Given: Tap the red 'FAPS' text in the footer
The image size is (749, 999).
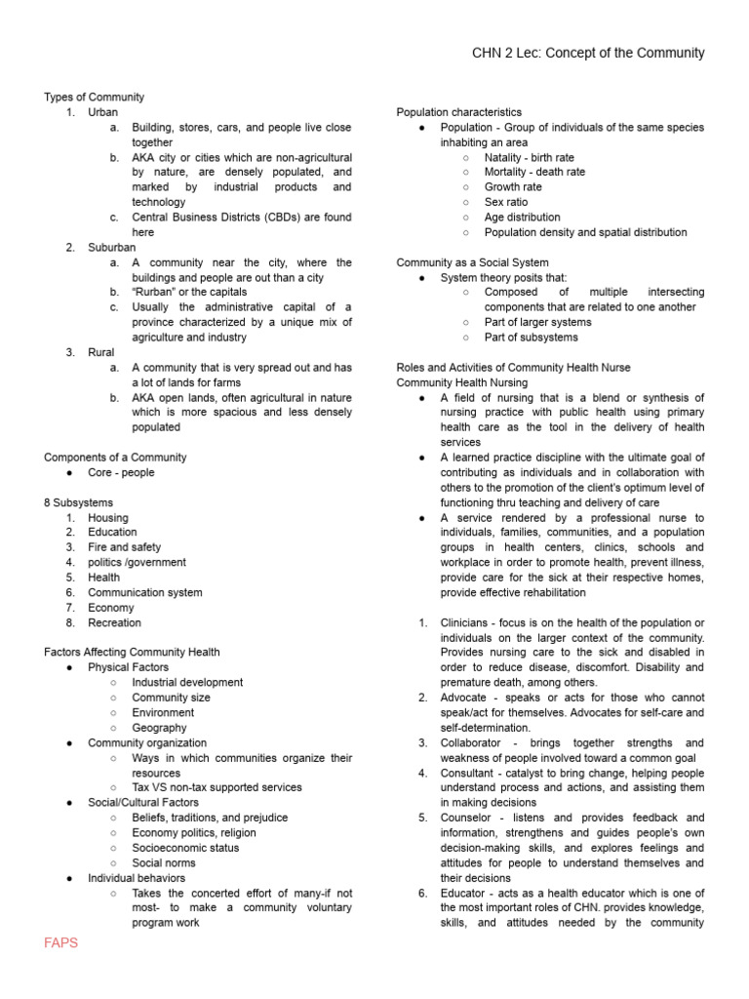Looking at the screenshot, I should coord(60,942).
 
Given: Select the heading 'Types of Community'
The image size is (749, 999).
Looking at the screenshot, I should coord(94,98).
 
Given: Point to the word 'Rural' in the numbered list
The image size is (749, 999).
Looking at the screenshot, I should coord(100,352).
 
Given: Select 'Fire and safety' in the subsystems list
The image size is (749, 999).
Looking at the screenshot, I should coord(124,547).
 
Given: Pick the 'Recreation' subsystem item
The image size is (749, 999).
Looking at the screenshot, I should coord(114,622).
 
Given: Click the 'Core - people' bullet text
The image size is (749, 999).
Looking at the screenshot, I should coord(121,472).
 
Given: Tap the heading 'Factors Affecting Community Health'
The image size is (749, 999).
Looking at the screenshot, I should coord(132,653).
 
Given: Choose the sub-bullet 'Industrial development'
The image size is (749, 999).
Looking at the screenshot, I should coord(187,683).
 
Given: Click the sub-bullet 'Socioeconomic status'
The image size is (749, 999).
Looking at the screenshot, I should coord(185,848).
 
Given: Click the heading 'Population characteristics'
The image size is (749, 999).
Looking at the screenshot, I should coord(458,112).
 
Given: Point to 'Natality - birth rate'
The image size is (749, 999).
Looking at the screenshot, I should coord(529,157).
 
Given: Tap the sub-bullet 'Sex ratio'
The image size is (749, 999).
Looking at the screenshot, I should coord(505,202).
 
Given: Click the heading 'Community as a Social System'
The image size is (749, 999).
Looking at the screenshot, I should coord(472,262).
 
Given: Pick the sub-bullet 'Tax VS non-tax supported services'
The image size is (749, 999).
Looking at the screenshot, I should coord(217,787).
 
